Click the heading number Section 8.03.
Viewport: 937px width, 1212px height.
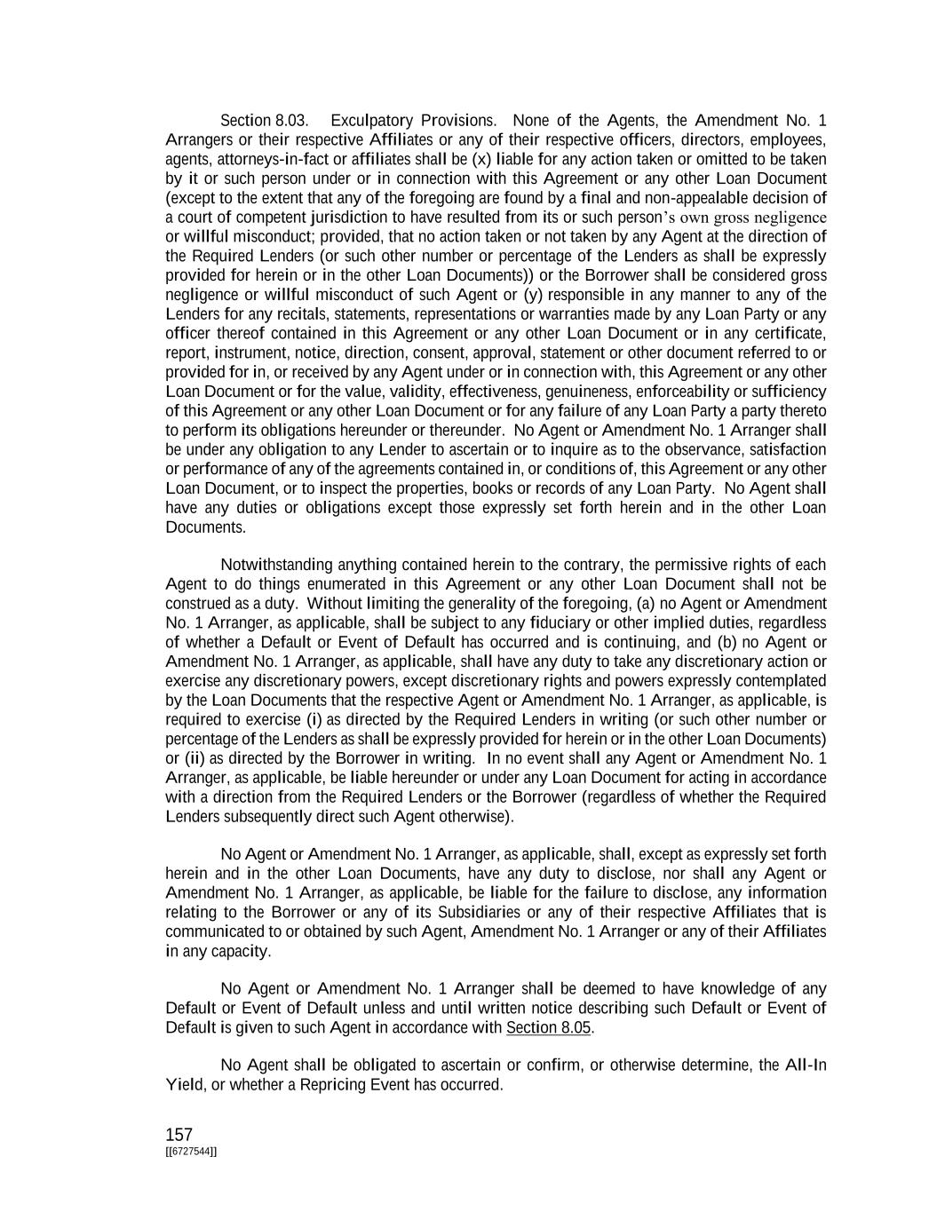[x=265, y=121]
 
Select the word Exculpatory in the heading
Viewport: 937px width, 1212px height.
[x=371, y=121]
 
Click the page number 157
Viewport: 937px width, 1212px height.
[x=179, y=1135]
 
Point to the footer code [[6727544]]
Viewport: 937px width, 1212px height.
[x=191, y=1152]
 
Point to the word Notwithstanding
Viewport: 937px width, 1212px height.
[x=276, y=566]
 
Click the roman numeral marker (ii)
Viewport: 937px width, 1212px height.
[x=195, y=758]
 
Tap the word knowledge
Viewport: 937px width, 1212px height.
[x=738, y=989]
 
